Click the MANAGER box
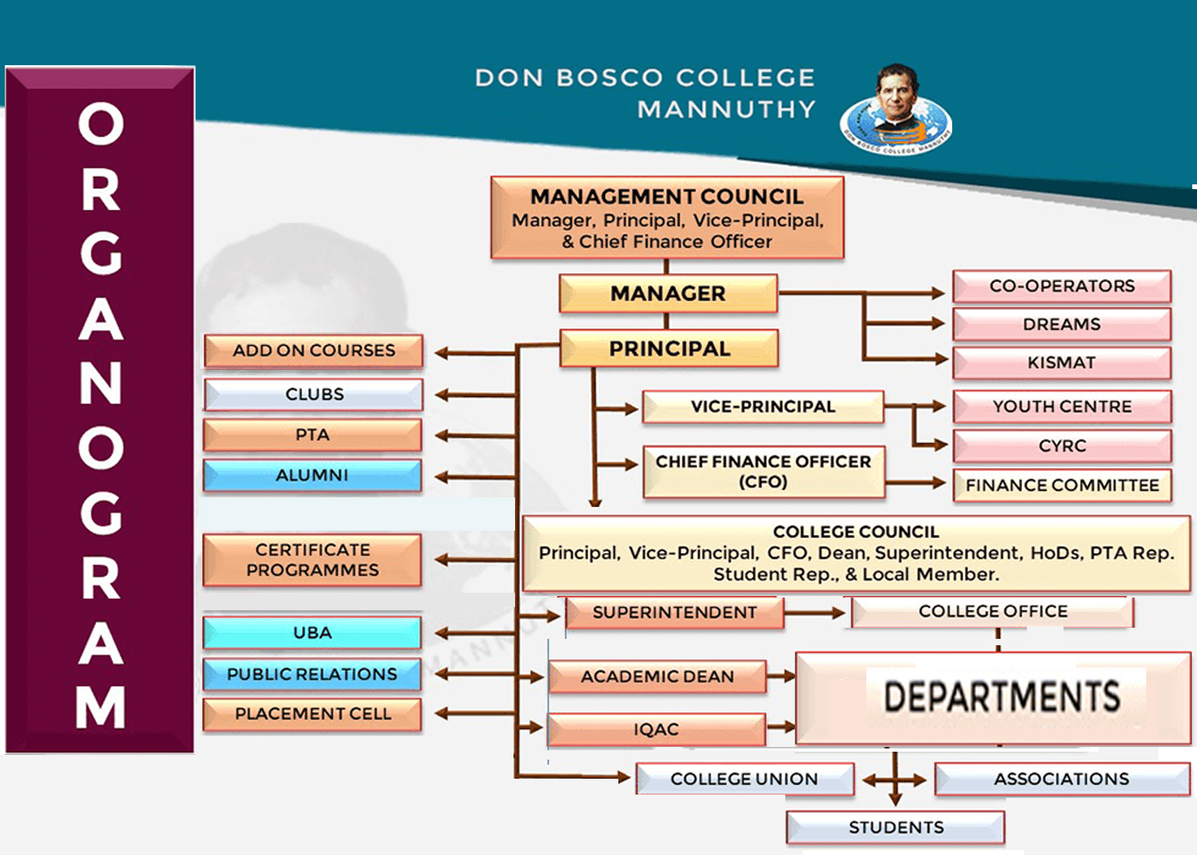pyautogui.click(x=668, y=293)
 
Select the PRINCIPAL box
pyautogui.click(x=669, y=349)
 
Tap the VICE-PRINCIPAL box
pyautogui.click(x=762, y=407)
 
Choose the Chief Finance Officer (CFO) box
pyautogui.click(x=763, y=471)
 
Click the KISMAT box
pyautogui.click(x=1061, y=363)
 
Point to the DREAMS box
pyautogui.click(x=1061, y=324)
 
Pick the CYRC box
pyautogui.click(x=1061, y=446)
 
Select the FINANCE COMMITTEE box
pyautogui.click(x=1062, y=485)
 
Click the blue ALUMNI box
pyautogui.click(x=312, y=475)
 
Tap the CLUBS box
pyautogui.click(x=314, y=394)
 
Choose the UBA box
pyautogui.click(x=312, y=633)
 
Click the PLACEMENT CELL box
pyautogui.click(x=312, y=714)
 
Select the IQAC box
pyautogui.click(x=656, y=729)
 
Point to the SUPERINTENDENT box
pyautogui.click(x=674, y=613)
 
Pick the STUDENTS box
pyautogui.click(x=896, y=827)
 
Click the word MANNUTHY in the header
pyautogui.click(x=726, y=109)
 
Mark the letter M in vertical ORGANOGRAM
pyautogui.click(x=101, y=706)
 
